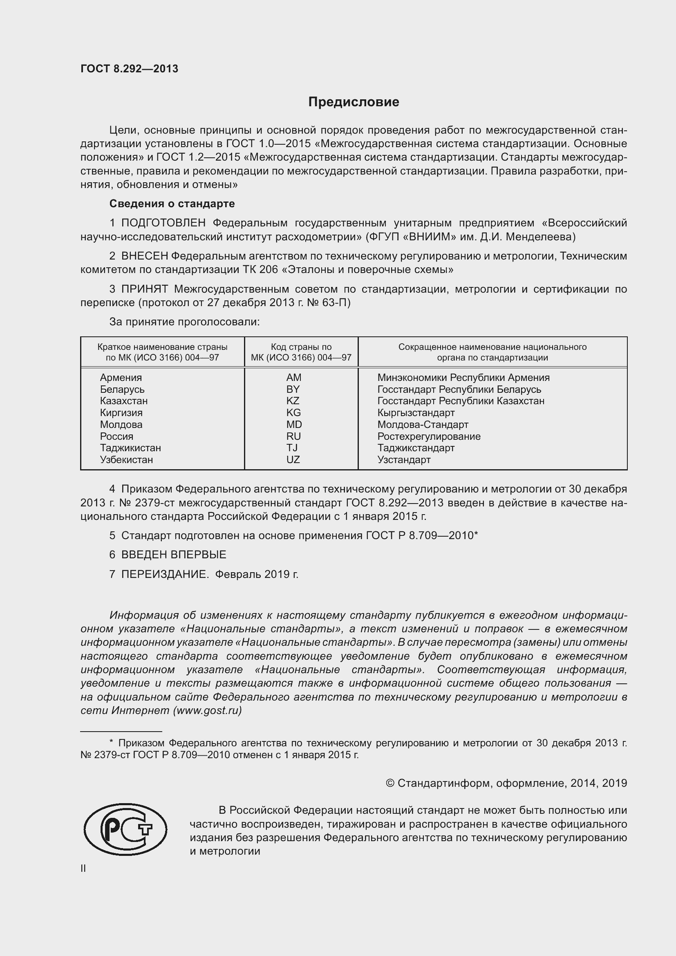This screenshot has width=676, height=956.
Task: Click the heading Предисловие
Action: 354,102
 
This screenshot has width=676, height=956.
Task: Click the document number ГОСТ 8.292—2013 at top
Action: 129,69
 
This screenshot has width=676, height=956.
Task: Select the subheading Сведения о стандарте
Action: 172,204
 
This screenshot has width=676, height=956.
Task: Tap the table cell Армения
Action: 121,378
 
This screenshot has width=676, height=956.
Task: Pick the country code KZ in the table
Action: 293,401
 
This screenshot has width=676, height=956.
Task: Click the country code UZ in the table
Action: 293,460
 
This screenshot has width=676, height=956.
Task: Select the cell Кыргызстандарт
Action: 416,413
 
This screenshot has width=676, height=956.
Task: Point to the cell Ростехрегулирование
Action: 429,437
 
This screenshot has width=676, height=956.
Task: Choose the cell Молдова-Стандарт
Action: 423,425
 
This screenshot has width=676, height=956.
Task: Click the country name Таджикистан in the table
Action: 130,448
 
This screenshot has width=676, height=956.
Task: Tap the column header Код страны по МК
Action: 301,352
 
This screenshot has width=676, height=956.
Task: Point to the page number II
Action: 83,868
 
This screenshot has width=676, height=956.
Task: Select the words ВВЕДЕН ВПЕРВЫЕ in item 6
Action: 174,555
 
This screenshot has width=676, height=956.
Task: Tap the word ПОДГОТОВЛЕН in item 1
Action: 163,223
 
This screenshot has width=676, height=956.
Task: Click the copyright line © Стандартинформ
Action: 506,783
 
